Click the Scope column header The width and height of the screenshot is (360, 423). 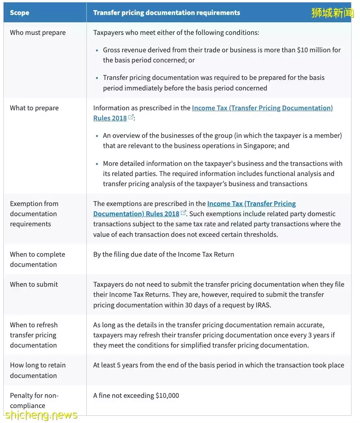[x=19, y=13]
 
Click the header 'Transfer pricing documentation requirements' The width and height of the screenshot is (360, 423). [x=166, y=13]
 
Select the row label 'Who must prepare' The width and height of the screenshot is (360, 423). [x=38, y=32]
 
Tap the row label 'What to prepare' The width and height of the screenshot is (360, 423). [x=34, y=108]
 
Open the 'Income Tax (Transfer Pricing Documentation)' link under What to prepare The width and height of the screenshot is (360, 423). [x=262, y=108]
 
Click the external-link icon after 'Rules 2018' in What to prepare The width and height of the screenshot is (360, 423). [x=131, y=117]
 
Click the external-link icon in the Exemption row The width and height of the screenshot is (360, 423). [x=183, y=213]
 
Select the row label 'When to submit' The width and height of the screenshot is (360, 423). [x=34, y=284]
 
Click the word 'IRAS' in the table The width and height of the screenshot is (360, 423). [x=261, y=305]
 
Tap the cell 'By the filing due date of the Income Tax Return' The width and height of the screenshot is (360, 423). [x=163, y=254]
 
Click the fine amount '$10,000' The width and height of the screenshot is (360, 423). [x=167, y=395]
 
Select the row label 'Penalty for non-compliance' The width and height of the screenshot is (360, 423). [x=34, y=400]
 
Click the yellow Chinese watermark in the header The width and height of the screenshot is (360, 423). [x=332, y=13]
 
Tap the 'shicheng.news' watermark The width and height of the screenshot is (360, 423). [x=41, y=414]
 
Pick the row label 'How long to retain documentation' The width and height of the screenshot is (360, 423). [x=37, y=370]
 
